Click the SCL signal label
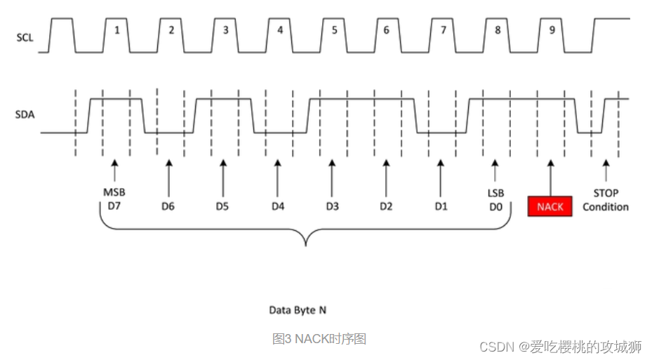pos(25,36)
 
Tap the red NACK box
pos(550,206)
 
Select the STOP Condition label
pos(606,200)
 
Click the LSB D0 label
pos(495,200)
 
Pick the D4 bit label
pos(278,206)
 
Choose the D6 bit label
pos(169,206)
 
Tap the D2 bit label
pos(386,206)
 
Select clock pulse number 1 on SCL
pos(116,31)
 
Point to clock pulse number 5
pos(333,31)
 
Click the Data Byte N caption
pos(298,309)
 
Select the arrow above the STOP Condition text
pos(606,171)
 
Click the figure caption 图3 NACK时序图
pos(319,339)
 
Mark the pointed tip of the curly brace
pos(305,245)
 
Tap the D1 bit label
pos(440,206)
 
